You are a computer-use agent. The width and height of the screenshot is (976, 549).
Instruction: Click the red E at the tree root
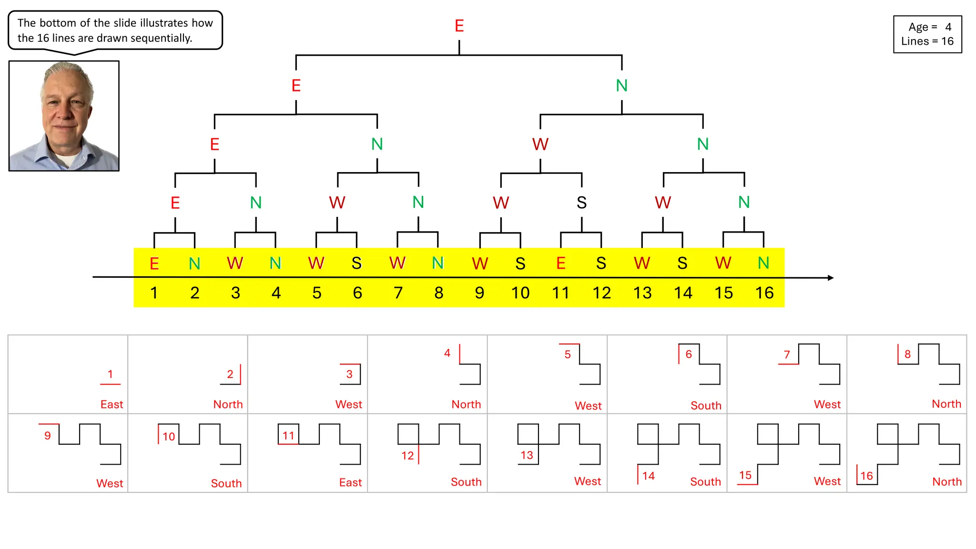point(459,26)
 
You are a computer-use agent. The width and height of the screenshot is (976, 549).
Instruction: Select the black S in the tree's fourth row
point(581,203)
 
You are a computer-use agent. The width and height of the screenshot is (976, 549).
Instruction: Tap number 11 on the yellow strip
point(560,293)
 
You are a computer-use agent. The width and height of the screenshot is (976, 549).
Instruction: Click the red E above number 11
point(560,263)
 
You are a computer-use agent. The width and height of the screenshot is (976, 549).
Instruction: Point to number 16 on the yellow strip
point(764,293)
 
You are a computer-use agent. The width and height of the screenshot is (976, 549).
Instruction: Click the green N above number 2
point(194,264)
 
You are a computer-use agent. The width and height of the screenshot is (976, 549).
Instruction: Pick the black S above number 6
point(356,263)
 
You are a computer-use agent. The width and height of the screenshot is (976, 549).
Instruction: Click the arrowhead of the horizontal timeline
point(830,277)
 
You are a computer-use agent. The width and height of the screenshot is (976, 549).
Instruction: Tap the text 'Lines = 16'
point(927,41)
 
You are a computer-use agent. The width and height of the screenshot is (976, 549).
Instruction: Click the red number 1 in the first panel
point(110,374)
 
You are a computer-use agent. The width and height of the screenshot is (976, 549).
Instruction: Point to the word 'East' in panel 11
point(350,482)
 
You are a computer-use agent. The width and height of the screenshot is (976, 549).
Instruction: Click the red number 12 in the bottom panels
point(407,456)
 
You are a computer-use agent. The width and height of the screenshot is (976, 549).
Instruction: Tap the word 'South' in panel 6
point(706,406)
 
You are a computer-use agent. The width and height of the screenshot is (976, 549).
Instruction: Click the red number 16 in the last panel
point(866,476)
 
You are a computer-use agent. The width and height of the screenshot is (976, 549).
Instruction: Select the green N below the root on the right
point(621,86)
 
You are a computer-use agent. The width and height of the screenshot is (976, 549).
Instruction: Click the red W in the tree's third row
point(540,144)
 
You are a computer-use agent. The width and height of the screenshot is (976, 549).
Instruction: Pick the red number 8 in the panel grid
point(907,354)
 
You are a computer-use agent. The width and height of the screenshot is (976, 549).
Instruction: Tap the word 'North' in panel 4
point(466,405)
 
